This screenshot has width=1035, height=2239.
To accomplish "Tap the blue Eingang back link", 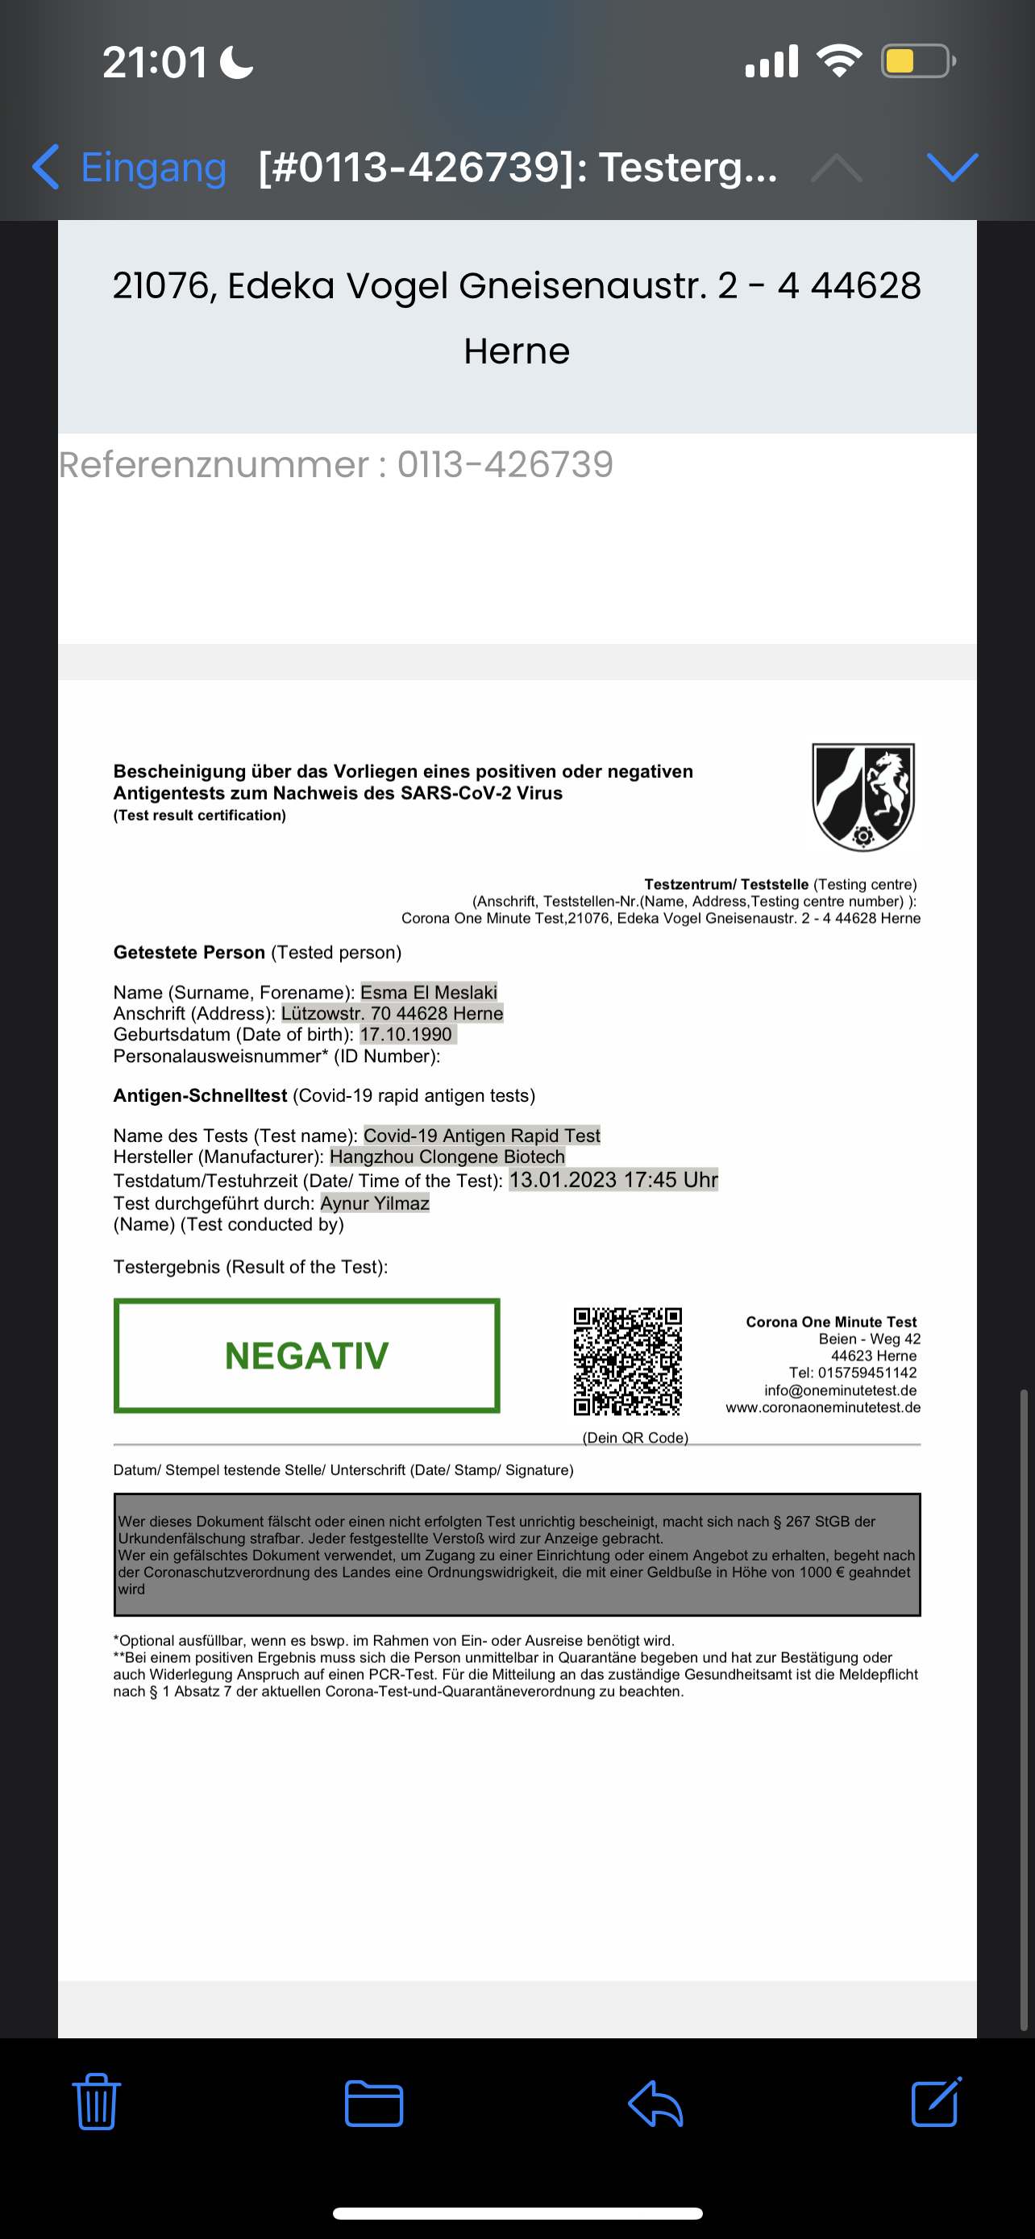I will click(x=131, y=167).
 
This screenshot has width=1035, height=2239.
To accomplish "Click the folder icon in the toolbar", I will click(x=374, y=2104).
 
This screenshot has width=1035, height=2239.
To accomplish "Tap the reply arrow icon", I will click(x=655, y=2104).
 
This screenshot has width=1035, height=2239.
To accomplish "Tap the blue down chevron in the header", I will click(x=953, y=167).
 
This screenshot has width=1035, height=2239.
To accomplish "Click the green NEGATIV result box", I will click(x=307, y=1355).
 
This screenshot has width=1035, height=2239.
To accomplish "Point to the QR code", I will click(x=627, y=1362).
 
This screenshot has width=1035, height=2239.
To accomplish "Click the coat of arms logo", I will click(x=863, y=796).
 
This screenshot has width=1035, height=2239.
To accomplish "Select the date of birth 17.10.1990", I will click(x=407, y=1034).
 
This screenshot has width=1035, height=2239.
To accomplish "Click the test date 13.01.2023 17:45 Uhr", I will click(x=613, y=1179).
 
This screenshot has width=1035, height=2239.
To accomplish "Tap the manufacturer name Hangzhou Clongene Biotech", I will click(x=447, y=1157).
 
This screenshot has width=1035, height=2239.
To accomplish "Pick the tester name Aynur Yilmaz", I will click(x=375, y=1203).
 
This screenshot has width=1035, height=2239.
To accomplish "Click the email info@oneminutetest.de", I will click(x=841, y=1390).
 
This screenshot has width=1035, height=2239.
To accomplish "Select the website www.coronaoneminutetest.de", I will click(x=823, y=1407).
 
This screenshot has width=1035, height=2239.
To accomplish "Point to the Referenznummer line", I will click(x=336, y=465).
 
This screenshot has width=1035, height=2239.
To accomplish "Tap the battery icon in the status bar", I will click(x=917, y=60).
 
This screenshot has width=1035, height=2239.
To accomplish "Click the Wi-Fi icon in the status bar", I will click(x=838, y=60).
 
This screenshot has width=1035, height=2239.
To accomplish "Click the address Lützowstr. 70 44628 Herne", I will click(x=392, y=1013).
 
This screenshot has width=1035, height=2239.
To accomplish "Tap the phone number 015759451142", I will click(x=867, y=1373).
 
